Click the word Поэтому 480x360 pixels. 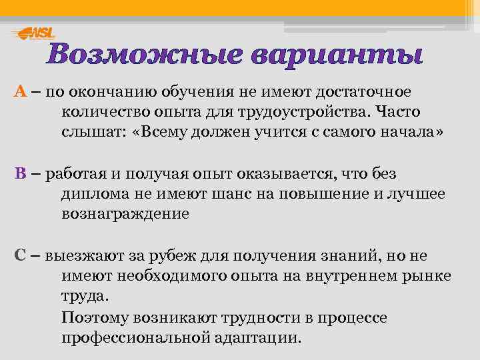tap(93, 317)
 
